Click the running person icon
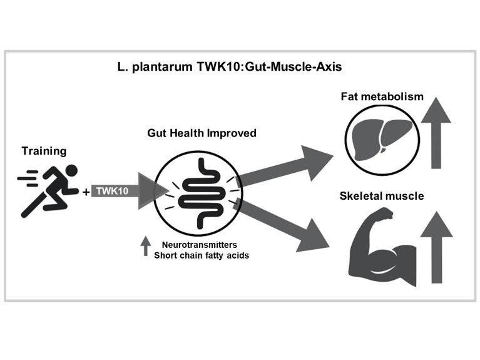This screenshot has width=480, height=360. [48, 190]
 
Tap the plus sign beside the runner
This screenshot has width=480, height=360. [86, 192]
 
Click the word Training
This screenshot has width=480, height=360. [43, 151]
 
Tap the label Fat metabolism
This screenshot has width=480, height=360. [382, 97]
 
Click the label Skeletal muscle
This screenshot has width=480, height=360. [381, 196]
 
